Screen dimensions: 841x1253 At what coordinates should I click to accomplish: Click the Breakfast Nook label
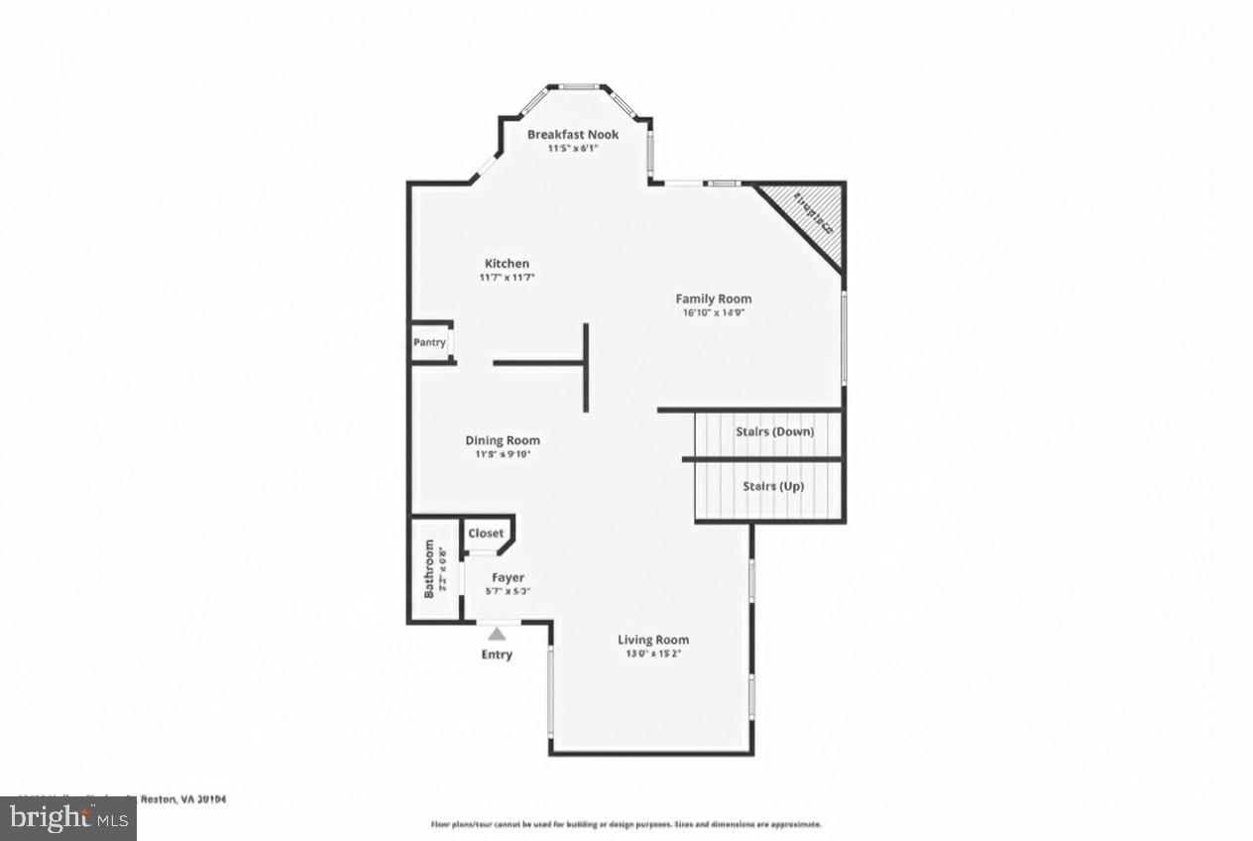click(572, 134)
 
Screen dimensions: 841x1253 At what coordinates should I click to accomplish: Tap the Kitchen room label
click(507, 263)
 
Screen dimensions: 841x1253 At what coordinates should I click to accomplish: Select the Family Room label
click(714, 299)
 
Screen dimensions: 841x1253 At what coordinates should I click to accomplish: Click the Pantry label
click(429, 342)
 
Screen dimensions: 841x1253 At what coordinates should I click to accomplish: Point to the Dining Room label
click(503, 440)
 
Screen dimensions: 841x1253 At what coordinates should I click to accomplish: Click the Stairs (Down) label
click(774, 431)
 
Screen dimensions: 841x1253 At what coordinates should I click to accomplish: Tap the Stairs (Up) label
click(773, 486)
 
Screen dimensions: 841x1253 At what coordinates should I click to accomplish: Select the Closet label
click(486, 533)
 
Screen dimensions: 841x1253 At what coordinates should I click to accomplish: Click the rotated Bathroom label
click(429, 568)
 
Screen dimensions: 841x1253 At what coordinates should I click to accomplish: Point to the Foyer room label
click(508, 577)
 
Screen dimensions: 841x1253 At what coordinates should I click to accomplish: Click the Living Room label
click(653, 640)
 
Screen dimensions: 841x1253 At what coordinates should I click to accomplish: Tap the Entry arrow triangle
click(497, 633)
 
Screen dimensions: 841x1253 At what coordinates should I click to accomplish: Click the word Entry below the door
click(497, 655)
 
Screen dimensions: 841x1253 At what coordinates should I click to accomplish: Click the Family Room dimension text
click(714, 312)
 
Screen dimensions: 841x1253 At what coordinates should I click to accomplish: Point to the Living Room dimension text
click(653, 654)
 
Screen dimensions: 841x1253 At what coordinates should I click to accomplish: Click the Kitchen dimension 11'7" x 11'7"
click(507, 277)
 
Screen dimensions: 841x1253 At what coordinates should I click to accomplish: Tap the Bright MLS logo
click(67, 818)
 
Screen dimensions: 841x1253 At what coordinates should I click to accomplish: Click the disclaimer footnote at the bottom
click(626, 824)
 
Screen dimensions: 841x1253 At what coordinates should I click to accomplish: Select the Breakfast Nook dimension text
click(572, 149)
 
